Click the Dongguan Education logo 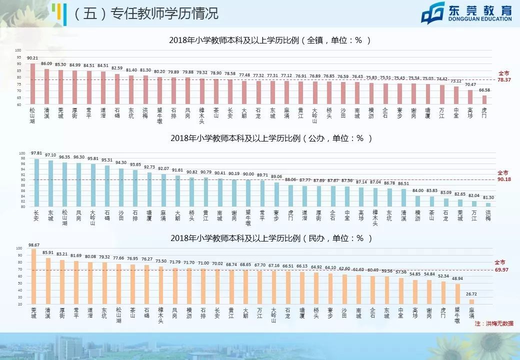(465, 12)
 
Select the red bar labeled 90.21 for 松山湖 (33, 84)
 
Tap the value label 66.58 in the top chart (484, 90)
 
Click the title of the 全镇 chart (269, 40)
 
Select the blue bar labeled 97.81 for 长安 (36, 183)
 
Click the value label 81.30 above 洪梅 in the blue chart (488, 197)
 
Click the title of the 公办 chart (269, 137)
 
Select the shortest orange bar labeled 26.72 (471, 301)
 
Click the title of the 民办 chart (269, 238)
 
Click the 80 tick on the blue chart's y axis (21, 206)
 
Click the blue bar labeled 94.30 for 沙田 (121, 187)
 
